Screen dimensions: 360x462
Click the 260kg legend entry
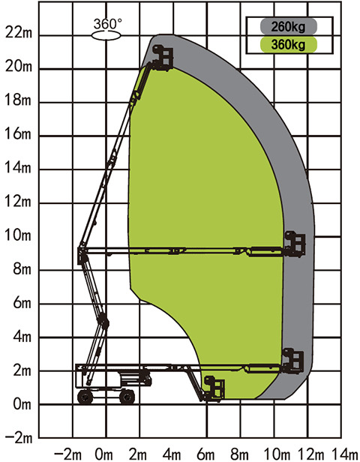289,26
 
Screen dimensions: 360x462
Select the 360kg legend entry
289,45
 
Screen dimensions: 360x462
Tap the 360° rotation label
107,24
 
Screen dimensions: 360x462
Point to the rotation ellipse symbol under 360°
106,36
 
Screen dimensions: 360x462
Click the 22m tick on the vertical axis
19,33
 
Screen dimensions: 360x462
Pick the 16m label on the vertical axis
18,134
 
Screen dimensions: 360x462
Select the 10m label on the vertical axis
18,235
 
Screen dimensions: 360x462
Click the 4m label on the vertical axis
22,337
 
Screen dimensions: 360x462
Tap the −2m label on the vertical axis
19,438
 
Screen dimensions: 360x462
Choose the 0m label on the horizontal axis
104,454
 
